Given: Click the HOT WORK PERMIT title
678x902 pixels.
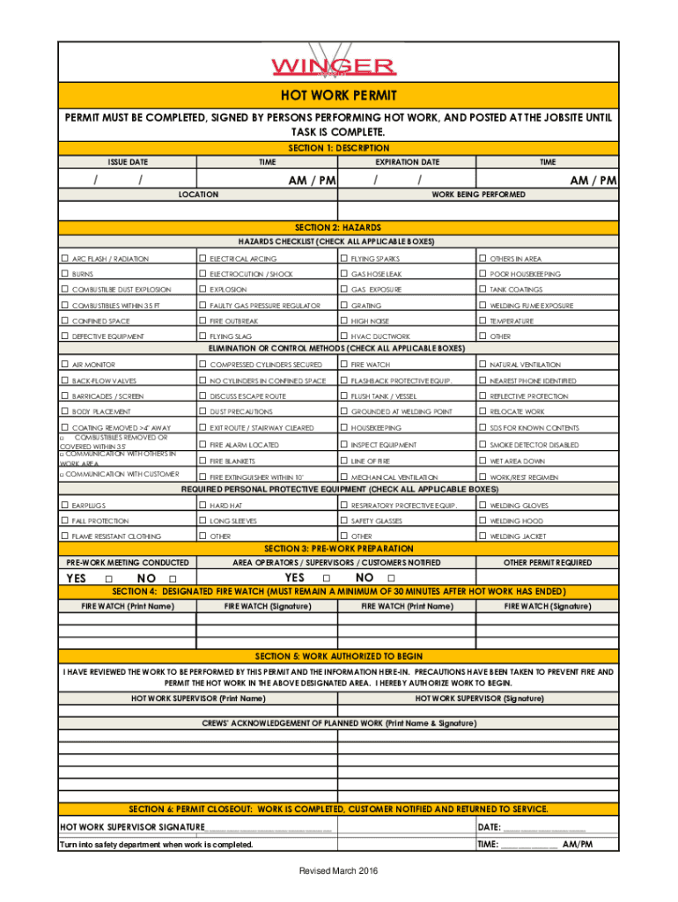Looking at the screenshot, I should [339, 95].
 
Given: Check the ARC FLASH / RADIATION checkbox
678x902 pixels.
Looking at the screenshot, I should [64, 258].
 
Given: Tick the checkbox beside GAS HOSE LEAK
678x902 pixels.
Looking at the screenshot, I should [343, 274].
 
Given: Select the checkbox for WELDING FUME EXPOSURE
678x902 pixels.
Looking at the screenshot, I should [482, 305].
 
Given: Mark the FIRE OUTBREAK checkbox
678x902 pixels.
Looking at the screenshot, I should [203, 321].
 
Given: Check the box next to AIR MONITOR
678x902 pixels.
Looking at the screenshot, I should [64, 364].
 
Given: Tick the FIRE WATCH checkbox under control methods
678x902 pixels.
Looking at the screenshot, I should [343, 364].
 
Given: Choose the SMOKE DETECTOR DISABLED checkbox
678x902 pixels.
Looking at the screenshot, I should [482, 445].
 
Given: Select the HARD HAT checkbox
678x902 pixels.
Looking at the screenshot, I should [203, 505].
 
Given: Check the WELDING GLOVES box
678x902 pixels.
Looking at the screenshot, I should [482, 505].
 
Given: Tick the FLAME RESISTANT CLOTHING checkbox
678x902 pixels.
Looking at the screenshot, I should [64, 536].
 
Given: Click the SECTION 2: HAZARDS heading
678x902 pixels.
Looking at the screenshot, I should [339, 227].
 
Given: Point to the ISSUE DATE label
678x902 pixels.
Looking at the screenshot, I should [128, 162].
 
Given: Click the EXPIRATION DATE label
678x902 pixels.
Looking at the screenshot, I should [407, 162].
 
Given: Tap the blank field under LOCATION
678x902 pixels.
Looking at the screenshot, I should [197, 211].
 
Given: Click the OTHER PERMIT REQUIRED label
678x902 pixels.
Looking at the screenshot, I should [548, 562].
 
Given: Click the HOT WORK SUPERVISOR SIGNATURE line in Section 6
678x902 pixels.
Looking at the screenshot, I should [269, 827].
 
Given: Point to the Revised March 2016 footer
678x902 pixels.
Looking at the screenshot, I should [338, 870].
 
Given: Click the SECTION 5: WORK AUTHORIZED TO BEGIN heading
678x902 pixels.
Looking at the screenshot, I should [339, 656].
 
